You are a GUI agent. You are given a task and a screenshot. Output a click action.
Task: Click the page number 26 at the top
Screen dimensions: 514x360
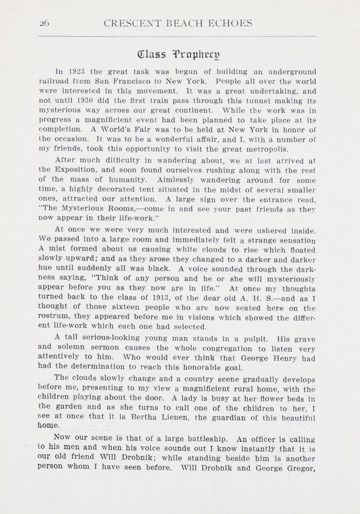pyautogui.click(x=44, y=24)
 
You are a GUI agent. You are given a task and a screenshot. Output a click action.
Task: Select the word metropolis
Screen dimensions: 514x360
pyautogui.click(x=267, y=149)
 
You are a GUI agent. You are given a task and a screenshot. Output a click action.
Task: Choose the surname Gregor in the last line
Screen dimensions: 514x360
pyautogui.click(x=301, y=469)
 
